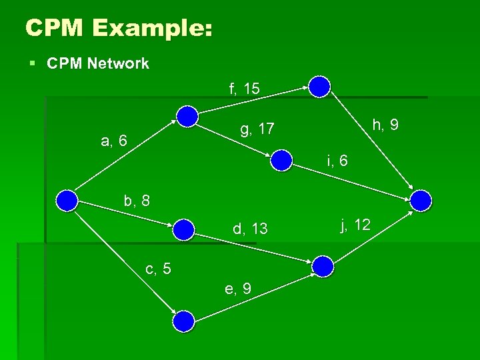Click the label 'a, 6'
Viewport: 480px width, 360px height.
[x=113, y=141]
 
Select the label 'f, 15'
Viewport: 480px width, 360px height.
[x=244, y=89]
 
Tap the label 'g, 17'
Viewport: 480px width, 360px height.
[x=257, y=129]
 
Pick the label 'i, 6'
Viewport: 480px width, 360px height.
[x=337, y=161]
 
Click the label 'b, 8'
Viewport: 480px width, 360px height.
[x=137, y=200]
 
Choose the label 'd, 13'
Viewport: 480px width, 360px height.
[x=250, y=229]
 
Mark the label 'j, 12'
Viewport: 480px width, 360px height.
[x=355, y=225]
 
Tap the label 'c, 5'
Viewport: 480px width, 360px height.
[x=158, y=269]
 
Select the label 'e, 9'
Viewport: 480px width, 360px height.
[x=238, y=289]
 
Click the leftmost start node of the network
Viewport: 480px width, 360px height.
[x=67, y=199]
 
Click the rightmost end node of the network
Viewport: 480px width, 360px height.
[x=421, y=199]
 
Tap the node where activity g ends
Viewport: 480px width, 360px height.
[x=282, y=159]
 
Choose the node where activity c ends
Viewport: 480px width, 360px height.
[x=183, y=322]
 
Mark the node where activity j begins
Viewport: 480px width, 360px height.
[x=323, y=266]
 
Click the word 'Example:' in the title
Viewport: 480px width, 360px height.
[x=154, y=28]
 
